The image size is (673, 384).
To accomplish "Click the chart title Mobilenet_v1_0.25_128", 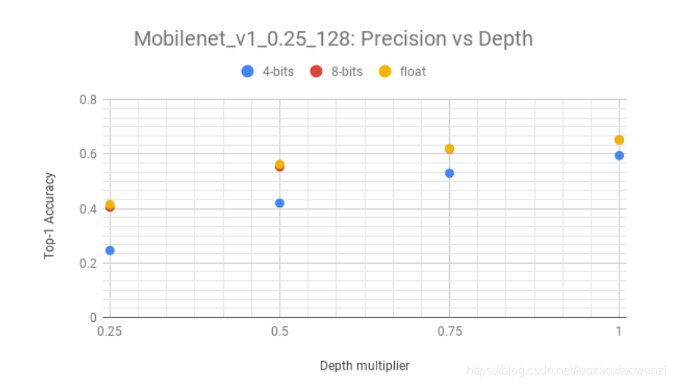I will (x=333, y=39).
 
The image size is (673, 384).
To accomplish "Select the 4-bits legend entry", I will (x=262, y=72).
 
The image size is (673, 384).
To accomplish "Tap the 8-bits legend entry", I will (x=336, y=72).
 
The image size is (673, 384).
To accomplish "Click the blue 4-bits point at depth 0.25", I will (x=110, y=250).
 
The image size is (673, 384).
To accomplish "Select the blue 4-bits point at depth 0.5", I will (x=280, y=203).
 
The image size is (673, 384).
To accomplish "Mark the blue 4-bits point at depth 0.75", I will (x=449, y=173).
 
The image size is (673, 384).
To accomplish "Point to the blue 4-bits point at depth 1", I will (x=619, y=155).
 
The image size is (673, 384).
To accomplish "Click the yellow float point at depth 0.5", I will (x=280, y=164).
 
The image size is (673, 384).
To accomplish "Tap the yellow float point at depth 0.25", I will (x=110, y=204).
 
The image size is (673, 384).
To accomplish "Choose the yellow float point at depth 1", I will (x=619, y=140).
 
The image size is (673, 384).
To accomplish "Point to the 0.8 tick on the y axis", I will (x=88, y=99).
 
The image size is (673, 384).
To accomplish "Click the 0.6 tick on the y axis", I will (x=88, y=154).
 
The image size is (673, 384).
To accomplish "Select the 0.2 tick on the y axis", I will (x=88, y=263).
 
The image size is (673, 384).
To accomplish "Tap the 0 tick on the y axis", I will (x=94, y=317).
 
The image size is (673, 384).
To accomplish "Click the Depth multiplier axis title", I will (x=364, y=366).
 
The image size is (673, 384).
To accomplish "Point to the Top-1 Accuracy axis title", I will (x=49, y=215).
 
